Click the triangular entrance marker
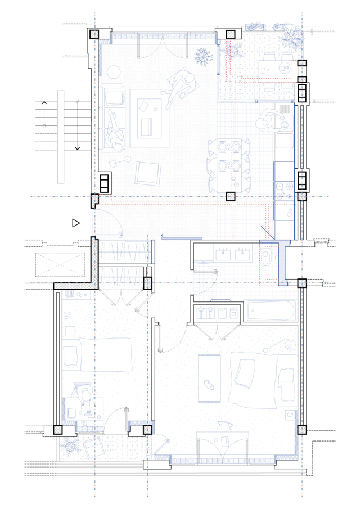click(x=76, y=223)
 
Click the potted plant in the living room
click(x=203, y=56)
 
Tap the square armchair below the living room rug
click(x=148, y=173)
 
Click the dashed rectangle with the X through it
click(x=60, y=264)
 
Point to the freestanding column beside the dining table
click(x=230, y=196)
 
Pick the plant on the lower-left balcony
click(x=70, y=447)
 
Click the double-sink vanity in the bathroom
click(x=231, y=255)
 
